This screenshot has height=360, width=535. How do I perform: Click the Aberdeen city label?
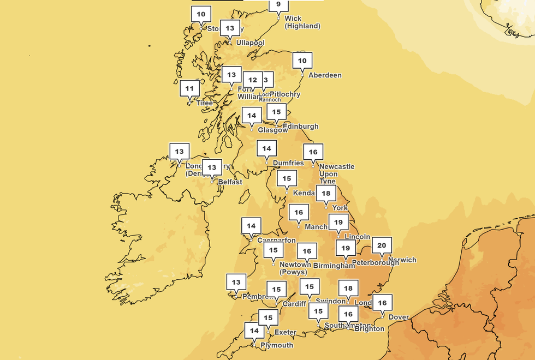click(325, 75)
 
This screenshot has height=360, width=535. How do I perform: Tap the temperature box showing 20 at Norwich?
click(382, 245)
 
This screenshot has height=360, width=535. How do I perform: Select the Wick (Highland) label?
click(302, 22)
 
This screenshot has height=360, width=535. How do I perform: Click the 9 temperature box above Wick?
click(278, 5)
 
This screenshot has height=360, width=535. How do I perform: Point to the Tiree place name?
click(205, 103)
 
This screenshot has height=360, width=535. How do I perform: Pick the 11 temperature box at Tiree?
click(189, 88)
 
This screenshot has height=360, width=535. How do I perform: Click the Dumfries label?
click(289, 163)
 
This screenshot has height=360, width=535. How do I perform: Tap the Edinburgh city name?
click(300, 127)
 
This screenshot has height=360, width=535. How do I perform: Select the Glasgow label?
click(272, 130)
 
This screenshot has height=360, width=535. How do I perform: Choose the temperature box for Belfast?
click(211, 167)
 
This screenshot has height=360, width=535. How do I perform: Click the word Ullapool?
click(250, 43)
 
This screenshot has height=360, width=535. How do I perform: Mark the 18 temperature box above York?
click(326, 194)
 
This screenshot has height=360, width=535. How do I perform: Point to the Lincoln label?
click(357, 237)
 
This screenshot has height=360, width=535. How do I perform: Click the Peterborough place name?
click(375, 263)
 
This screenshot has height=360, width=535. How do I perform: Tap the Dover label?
click(398, 317)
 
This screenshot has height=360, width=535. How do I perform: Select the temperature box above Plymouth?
click(253, 331)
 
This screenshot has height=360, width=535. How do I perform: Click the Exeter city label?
click(286, 332)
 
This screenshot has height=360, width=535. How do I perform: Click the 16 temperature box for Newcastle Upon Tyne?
click(313, 152)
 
